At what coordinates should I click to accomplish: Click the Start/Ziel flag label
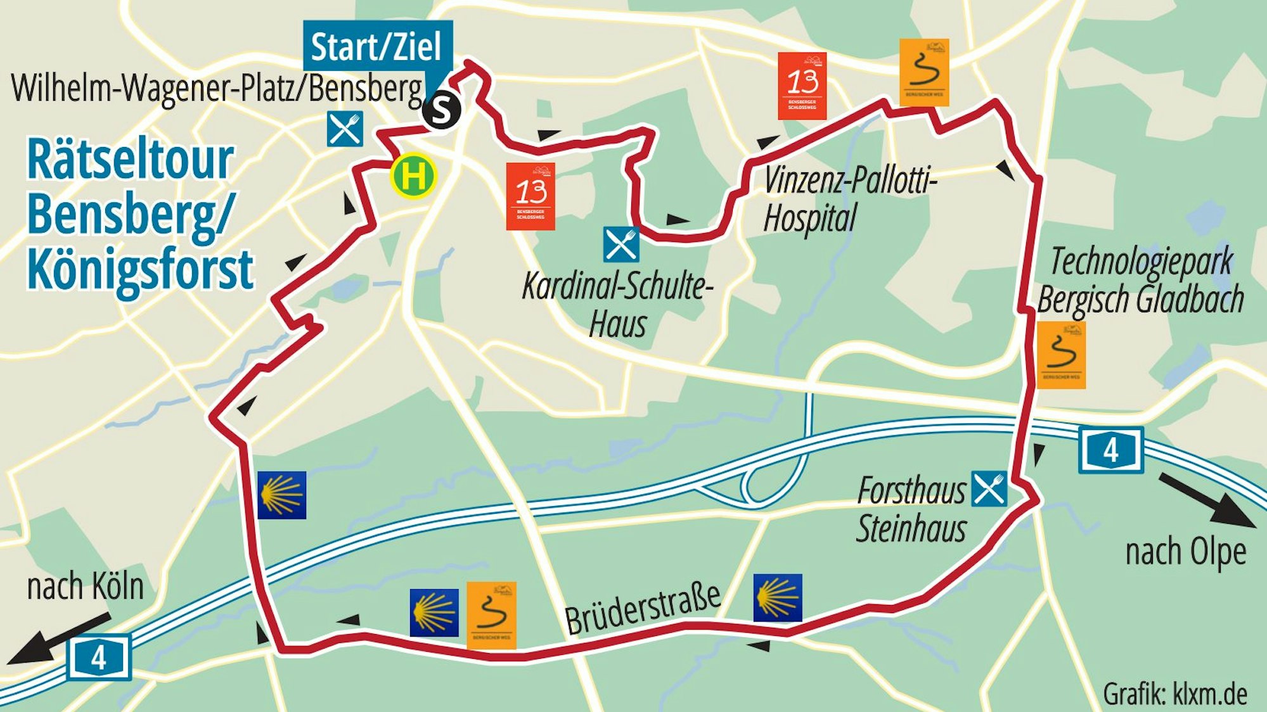click(x=377, y=46)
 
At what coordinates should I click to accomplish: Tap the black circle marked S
click(x=441, y=111)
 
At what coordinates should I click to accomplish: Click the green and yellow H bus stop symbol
click(x=413, y=175)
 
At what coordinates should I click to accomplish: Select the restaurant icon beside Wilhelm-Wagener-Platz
click(x=345, y=129)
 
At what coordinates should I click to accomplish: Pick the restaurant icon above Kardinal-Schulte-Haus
click(x=621, y=245)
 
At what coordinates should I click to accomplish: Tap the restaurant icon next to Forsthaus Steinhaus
click(x=989, y=488)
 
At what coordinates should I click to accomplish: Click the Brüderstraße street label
click(x=642, y=609)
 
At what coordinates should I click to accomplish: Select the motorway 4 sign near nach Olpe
click(x=1110, y=450)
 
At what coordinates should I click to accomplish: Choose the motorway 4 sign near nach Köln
click(x=99, y=657)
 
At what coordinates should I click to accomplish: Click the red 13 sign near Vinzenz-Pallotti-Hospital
click(x=802, y=86)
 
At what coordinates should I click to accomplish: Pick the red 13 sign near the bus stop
click(x=531, y=196)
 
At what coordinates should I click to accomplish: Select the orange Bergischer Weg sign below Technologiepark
click(x=1061, y=355)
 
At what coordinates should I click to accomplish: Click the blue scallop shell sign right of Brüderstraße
click(x=778, y=598)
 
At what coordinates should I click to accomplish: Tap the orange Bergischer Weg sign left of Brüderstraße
click(x=491, y=615)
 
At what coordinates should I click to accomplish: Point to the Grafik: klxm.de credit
click(x=1174, y=694)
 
